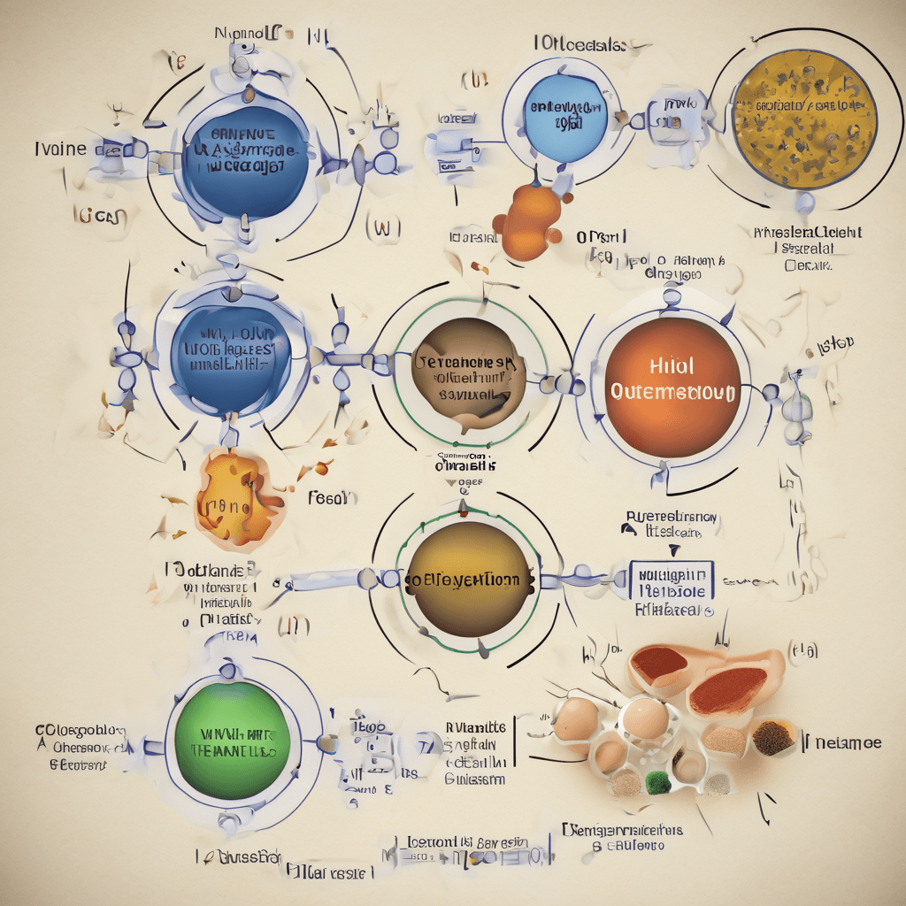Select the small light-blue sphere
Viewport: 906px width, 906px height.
566,117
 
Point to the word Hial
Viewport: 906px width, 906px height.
672,365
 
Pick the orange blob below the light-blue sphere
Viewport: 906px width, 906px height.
530,221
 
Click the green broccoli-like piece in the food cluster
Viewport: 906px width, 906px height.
655,781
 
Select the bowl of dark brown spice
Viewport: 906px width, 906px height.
772,736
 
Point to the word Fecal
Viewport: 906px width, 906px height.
333,498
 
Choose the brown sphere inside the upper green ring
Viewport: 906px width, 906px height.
469,376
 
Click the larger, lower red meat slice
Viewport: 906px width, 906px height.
727,690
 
